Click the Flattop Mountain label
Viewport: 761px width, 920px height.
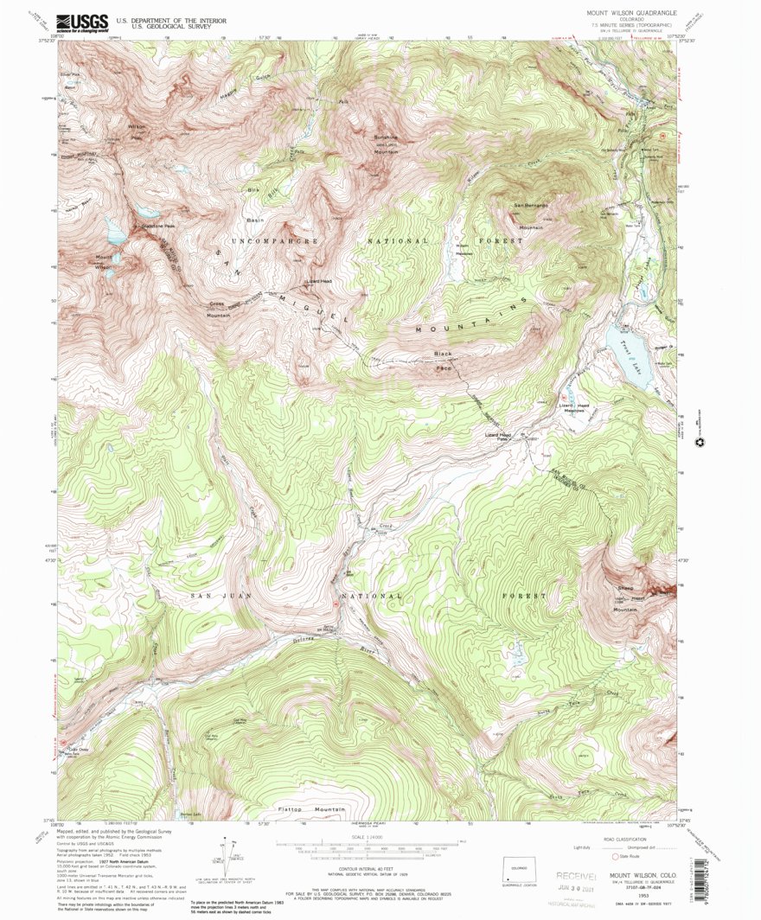308,809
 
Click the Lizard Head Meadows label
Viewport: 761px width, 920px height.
572,409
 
